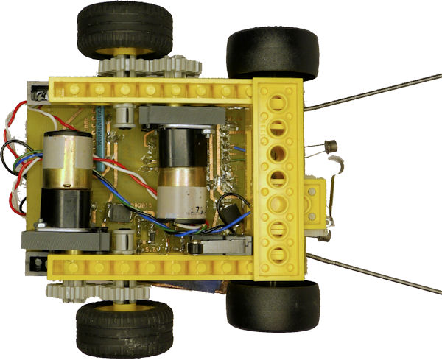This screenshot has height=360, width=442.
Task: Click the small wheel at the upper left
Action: [x=115, y=29]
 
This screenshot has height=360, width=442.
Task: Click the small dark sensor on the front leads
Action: [x=331, y=147]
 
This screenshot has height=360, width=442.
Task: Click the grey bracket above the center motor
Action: [x=180, y=114]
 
